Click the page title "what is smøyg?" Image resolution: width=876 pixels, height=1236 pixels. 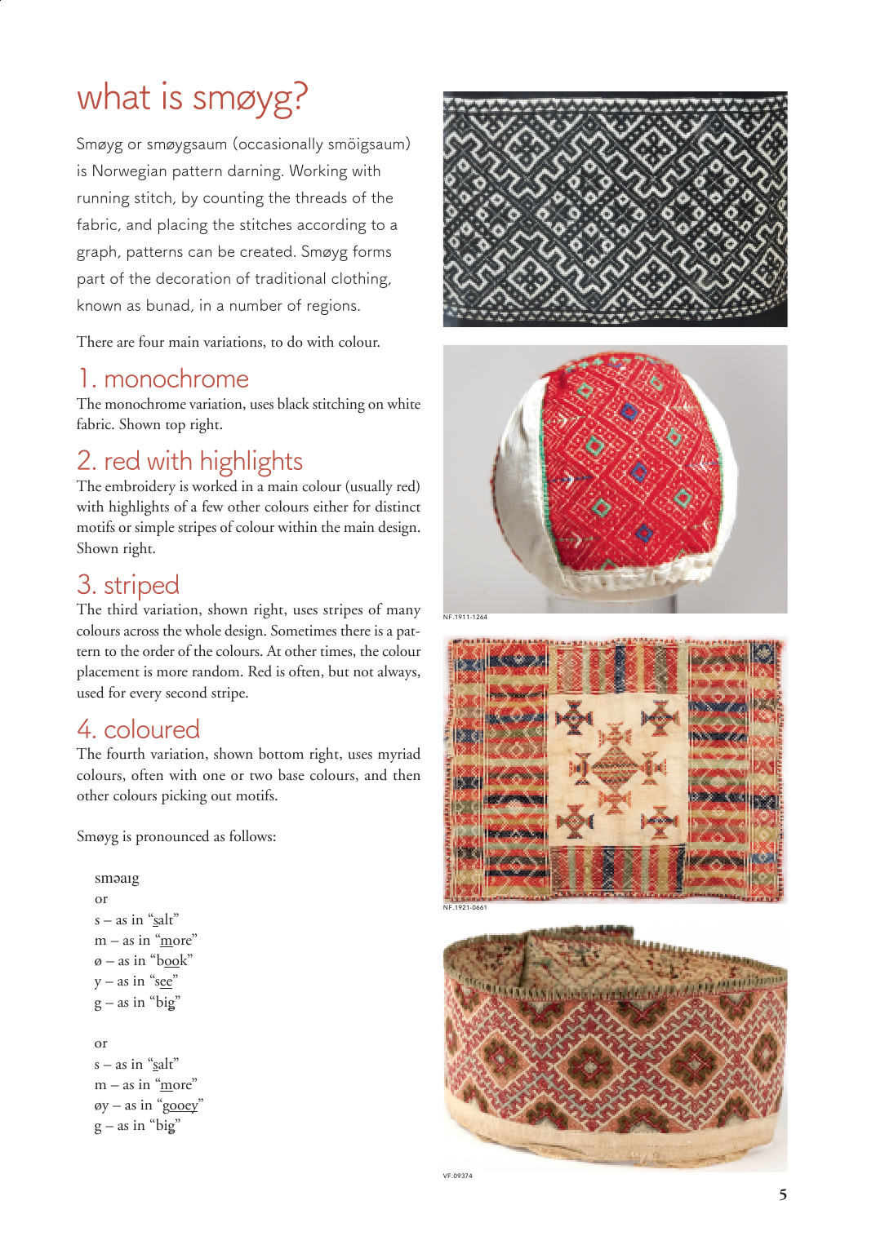pyautogui.click(x=192, y=98)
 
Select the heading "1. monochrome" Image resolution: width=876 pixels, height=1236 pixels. pyautogui.click(x=163, y=379)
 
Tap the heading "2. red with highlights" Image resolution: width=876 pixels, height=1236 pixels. pyautogui.click(x=189, y=461)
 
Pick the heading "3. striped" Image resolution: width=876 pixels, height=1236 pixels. pyautogui.click(x=128, y=585)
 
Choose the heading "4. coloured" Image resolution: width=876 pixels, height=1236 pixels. pyautogui.click(x=139, y=729)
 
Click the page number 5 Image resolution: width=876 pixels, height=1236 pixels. pyautogui.click(x=782, y=1195)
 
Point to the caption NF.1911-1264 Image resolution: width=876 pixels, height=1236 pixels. pyautogui.click(x=465, y=618)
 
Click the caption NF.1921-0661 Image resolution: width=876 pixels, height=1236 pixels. pyautogui.click(x=465, y=907)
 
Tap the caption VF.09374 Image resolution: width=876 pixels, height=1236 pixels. pyautogui.click(x=458, y=1176)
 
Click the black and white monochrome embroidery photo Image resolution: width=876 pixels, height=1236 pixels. pyautogui.click(x=615, y=209)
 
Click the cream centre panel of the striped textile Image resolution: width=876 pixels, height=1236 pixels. pyautogui.click(x=616, y=767)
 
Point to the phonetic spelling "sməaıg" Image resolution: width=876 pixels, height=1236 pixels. pyautogui.click(x=117, y=879)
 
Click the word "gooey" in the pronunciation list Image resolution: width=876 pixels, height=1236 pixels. pyautogui.click(x=180, y=1105)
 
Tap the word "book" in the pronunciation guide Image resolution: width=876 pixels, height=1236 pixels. pyautogui.click(x=172, y=961)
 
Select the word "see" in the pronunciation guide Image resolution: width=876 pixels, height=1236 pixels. pyautogui.click(x=163, y=981)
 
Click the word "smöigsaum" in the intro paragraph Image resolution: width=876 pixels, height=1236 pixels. pyautogui.click(x=366, y=144)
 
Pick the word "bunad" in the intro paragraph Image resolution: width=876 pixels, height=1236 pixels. pyautogui.click(x=169, y=306)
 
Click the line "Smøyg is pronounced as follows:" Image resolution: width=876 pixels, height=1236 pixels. pyautogui.click(x=176, y=837)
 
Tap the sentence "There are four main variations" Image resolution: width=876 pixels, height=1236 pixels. pyautogui.click(x=228, y=343)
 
